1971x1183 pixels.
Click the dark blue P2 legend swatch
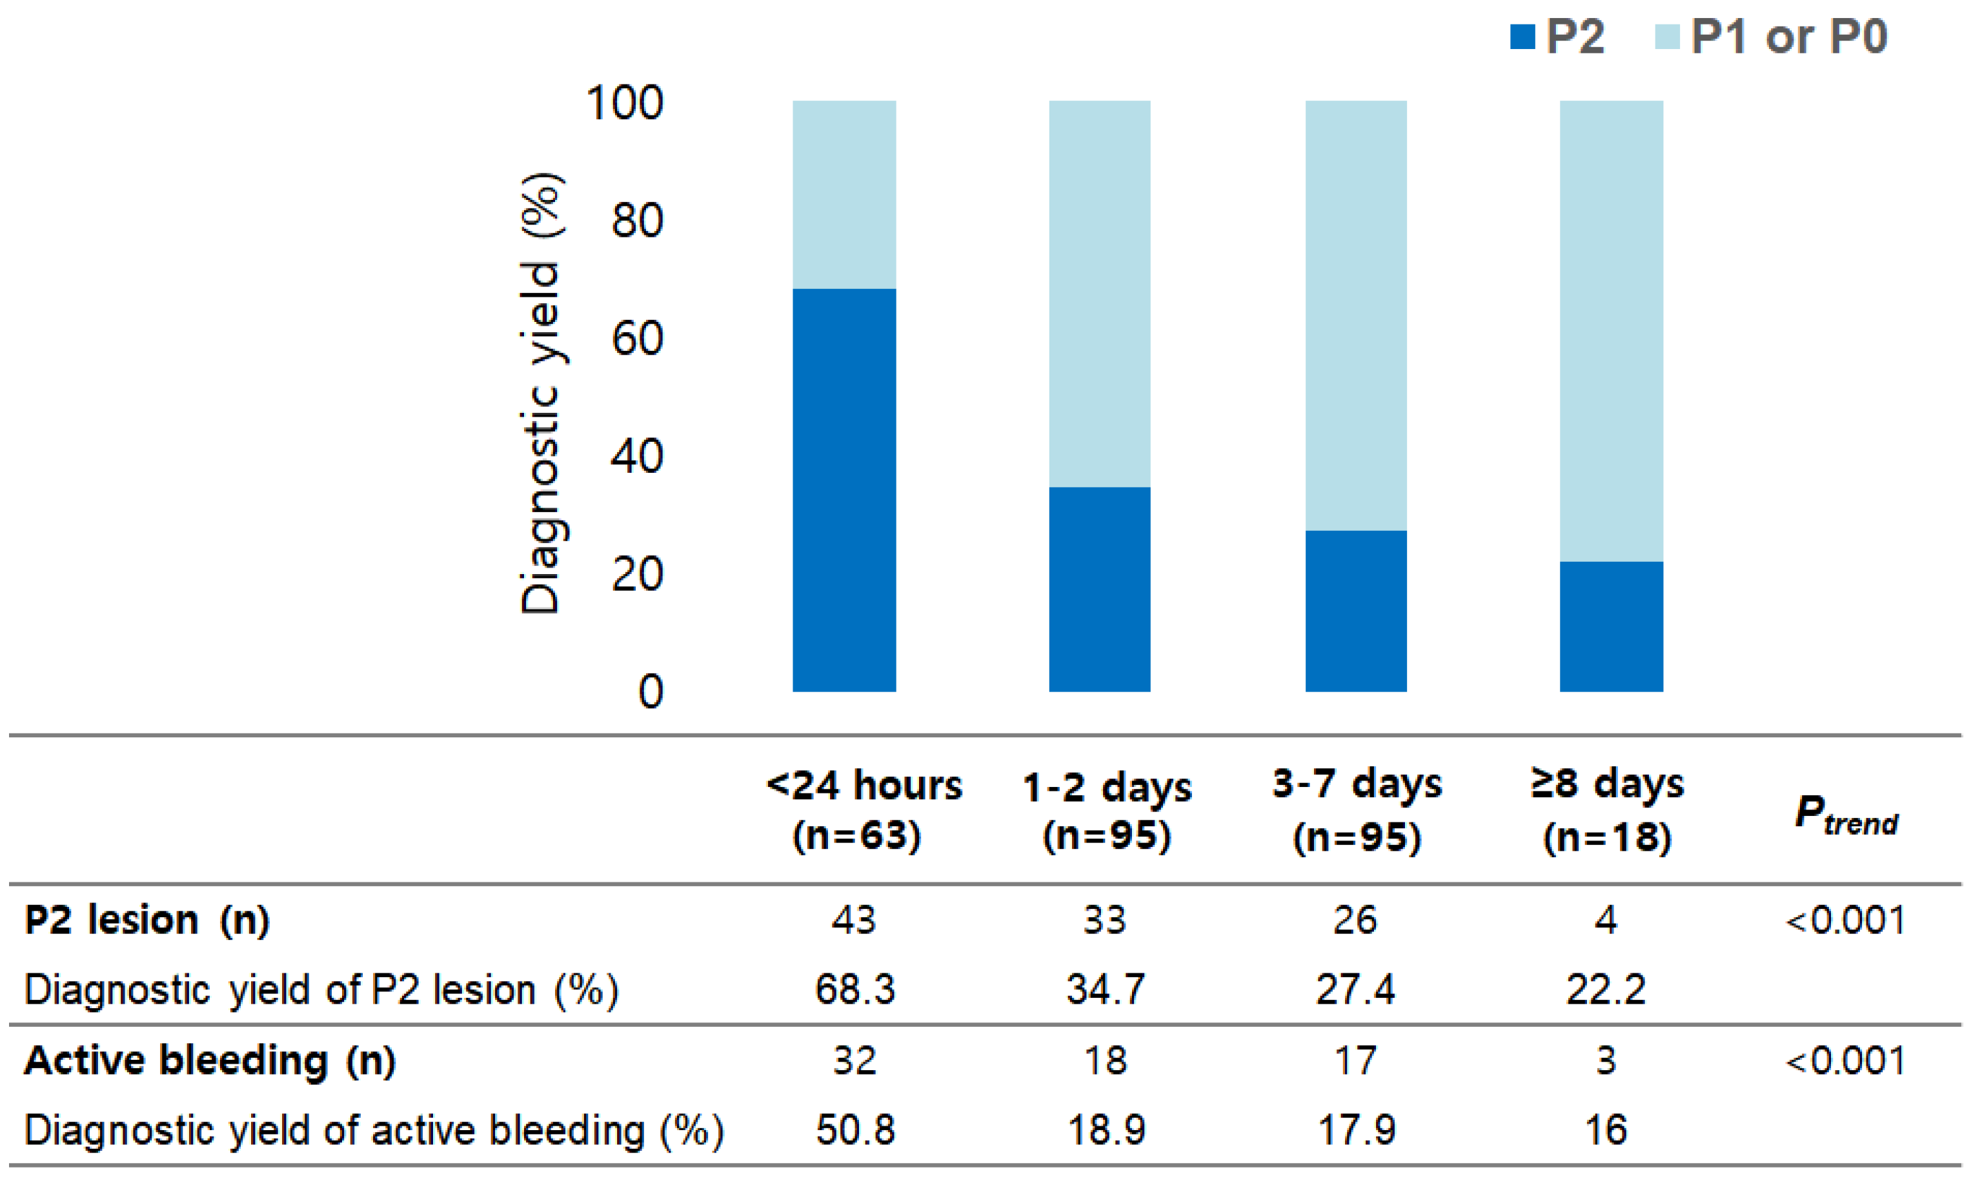pyautogui.click(x=1522, y=37)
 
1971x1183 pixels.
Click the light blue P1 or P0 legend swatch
pyautogui.click(x=1667, y=37)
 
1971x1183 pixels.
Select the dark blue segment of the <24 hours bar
pyautogui.click(x=844, y=490)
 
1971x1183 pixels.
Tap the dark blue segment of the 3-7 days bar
pyautogui.click(x=1355, y=611)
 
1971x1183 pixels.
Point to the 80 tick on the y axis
pyautogui.click(x=636, y=221)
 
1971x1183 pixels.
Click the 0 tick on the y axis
pyautogui.click(x=650, y=691)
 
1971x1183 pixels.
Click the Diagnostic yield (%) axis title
pyautogui.click(x=541, y=394)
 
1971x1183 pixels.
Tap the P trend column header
pyautogui.click(x=1845, y=815)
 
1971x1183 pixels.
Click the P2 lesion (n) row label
pyautogui.click(x=147, y=920)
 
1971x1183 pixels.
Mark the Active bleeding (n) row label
pyautogui.click(x=210, y=1060)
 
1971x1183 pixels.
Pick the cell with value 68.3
pyautogui.click(x=854, y=989)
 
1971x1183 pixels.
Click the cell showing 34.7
pyautogui.click(x=1105, y=989)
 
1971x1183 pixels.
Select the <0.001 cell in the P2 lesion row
pyautogui.click(x=1845, y=920)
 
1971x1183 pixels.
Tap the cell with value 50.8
pyautogui.click(x=854, y=1129)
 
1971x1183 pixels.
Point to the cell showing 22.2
pyautogui.click(x=1605, y=989)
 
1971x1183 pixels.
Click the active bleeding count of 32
pyautogui.click(x=854, y=1060)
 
